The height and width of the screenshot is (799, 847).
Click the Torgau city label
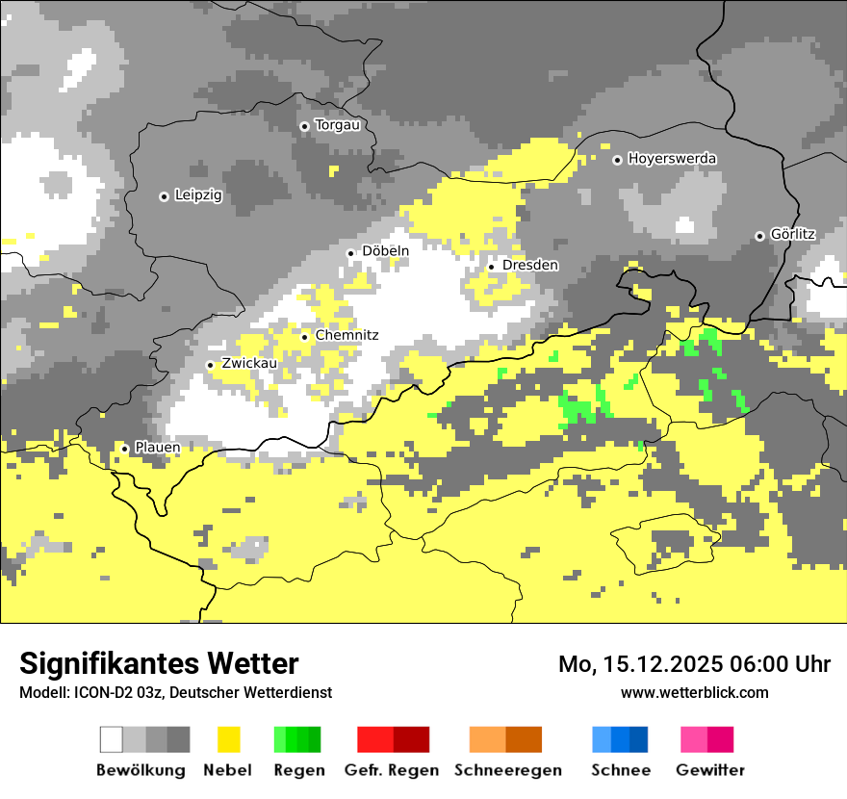(337, 125)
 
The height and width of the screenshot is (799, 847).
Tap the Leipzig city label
(198, 195)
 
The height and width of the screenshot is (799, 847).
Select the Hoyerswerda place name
(672, 159)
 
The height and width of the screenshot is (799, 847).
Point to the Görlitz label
(793, 235)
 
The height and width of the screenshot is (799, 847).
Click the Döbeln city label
(385, 251)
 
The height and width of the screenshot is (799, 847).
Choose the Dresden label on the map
(529, 265)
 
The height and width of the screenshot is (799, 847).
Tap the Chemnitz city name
(346, 335)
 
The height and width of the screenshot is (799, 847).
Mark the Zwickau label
(249, 364)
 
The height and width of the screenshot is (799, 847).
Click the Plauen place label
(157, 448)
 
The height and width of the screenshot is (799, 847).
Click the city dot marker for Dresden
(492, 266)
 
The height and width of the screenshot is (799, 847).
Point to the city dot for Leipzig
(164, 196)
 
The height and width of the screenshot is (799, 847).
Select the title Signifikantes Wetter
(159, 663)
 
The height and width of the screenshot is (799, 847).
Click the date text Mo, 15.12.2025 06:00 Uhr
(694, 664)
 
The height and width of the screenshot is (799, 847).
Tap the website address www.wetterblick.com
(694, 692)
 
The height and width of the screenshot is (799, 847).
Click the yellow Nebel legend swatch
(228, 739)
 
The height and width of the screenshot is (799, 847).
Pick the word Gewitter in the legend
(709, 770)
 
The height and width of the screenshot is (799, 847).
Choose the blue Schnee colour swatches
(620, 739)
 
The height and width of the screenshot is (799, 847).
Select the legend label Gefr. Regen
(392, 770)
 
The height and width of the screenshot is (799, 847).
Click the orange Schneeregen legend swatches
(505, 739)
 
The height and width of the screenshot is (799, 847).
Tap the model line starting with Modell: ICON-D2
(175, 692)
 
